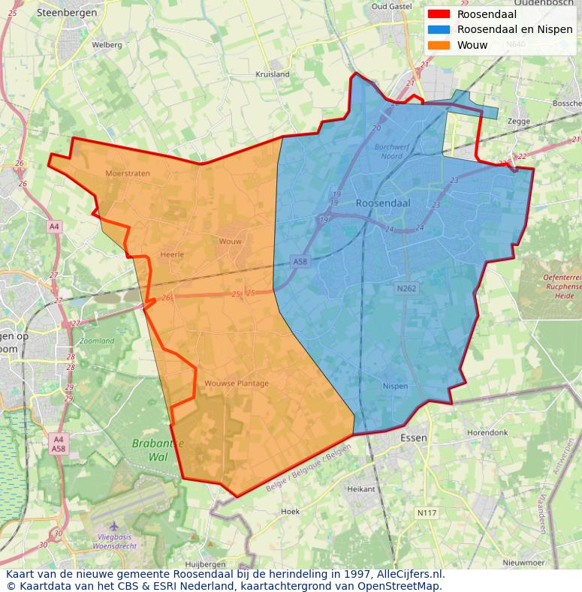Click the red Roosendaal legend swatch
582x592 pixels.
point(439,14)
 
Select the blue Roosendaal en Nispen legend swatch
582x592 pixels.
point(439,29)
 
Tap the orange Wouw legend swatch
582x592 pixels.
point(439,45)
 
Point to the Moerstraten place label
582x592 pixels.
point(128,173)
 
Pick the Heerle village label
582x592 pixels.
point(172,254)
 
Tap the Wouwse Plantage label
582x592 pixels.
point(237,383)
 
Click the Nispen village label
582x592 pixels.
point(395,386)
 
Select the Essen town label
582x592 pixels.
point(414,437)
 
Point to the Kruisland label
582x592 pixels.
point(273,74)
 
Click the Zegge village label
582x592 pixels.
point(518,121)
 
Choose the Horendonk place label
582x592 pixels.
point(488,433)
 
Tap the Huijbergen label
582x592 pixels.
point(205,563)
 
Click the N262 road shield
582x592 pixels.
point(406,288)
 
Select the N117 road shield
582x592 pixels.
point(427,513)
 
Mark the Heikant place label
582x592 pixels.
point(361,488)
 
